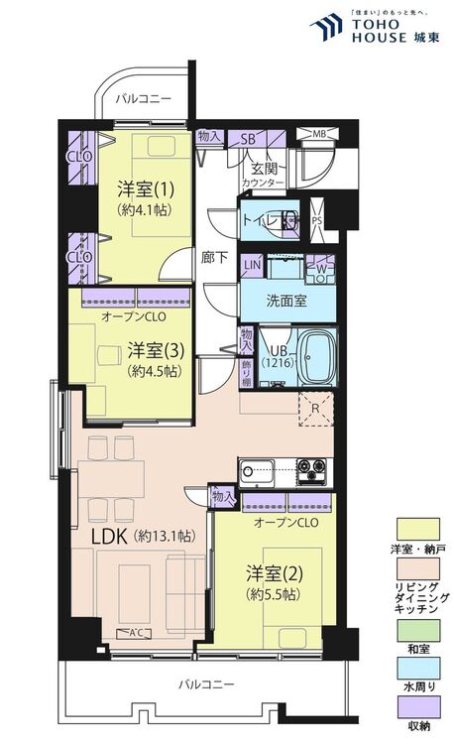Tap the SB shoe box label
[249, 139]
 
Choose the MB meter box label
[319, 134]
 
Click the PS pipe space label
[317, 221]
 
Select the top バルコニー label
[144, 99]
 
